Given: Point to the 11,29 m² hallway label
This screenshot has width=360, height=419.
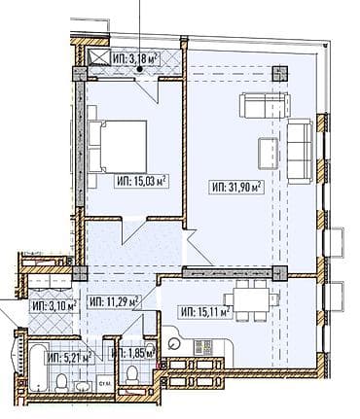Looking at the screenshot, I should (x=114, y=301).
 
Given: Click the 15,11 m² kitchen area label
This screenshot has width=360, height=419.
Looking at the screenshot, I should (x=205, y=311).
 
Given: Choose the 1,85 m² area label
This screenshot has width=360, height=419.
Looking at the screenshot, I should (x=132, y=354).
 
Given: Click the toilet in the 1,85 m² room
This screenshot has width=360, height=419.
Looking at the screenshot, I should (x=131, y=383).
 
